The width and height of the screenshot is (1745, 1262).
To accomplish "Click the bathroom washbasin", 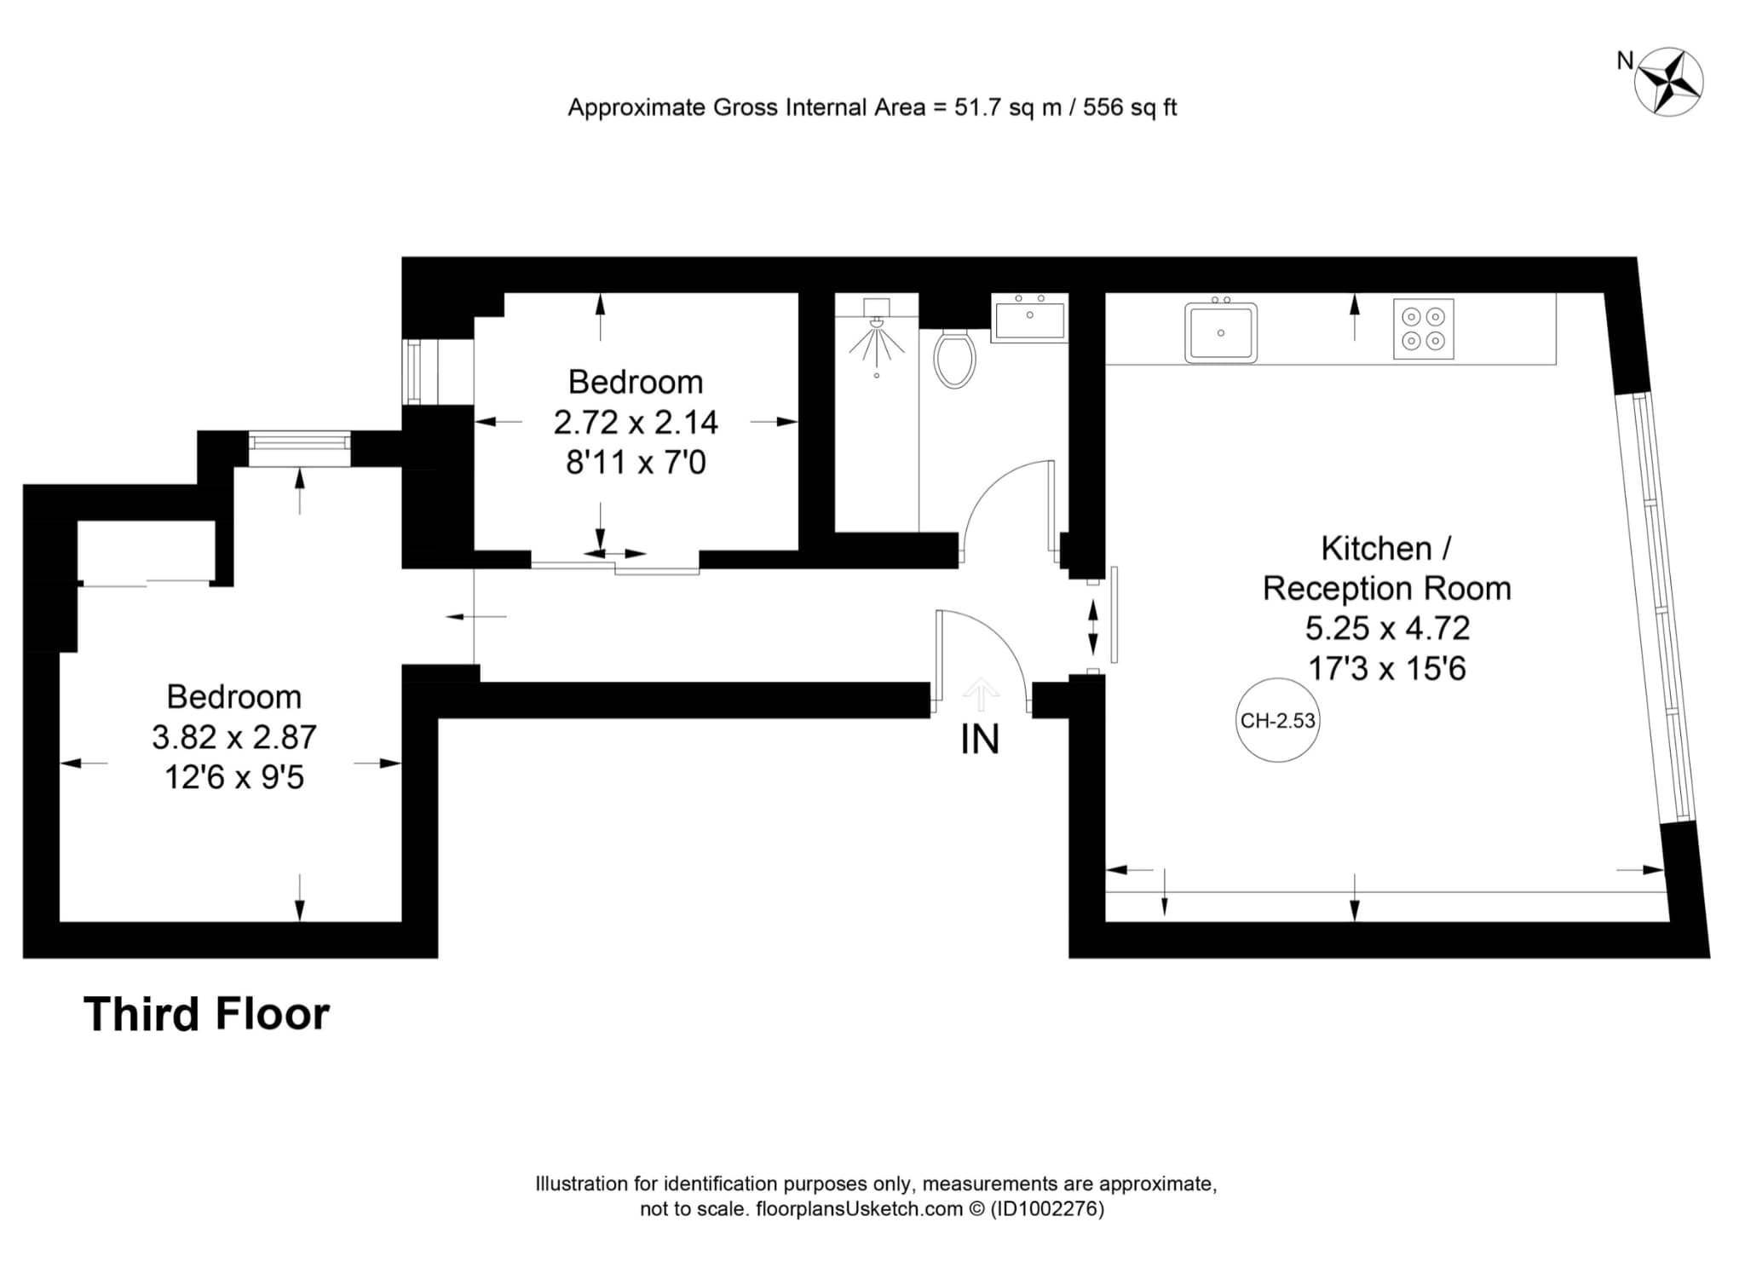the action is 1029,318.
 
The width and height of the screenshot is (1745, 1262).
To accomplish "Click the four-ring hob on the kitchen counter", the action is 1424,329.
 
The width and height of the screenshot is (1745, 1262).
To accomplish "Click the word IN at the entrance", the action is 980,740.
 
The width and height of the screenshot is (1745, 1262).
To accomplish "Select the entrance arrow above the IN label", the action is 980,694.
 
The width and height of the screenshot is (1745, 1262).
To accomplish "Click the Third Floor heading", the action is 206,1014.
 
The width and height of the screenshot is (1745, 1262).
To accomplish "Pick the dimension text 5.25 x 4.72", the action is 1387,628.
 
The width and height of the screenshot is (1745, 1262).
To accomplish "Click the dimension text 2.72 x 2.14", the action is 636,422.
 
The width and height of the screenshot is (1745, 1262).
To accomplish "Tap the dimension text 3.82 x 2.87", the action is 234,736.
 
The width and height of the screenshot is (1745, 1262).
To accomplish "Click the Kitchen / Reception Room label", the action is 1387,568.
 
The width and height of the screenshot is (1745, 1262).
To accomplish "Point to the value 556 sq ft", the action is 1130,107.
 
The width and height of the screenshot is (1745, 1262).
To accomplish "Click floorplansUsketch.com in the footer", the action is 860,1208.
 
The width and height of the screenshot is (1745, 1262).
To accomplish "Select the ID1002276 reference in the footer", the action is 1046,1208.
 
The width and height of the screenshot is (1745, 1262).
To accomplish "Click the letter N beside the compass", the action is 1625,61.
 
